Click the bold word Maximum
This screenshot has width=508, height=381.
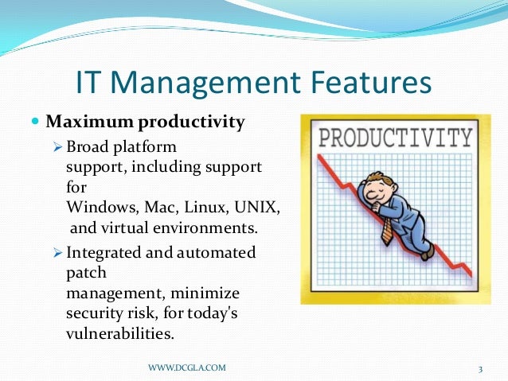point(90,123)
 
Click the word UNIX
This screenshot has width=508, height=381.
point(260,207)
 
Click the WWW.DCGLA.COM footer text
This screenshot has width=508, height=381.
point(187,367)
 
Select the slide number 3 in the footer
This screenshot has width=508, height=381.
point(481,367)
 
